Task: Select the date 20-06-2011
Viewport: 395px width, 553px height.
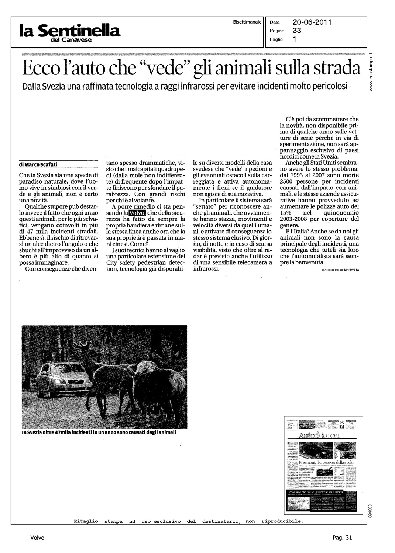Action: (x=312, y=22)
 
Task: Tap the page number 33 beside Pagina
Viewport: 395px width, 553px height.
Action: (x=297, y=31)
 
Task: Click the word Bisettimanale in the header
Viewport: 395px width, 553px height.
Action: (x=247, y=22)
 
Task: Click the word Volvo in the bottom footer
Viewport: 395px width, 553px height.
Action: (x=37, y=538)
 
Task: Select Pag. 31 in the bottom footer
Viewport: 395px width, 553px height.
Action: (x=342, y=538)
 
